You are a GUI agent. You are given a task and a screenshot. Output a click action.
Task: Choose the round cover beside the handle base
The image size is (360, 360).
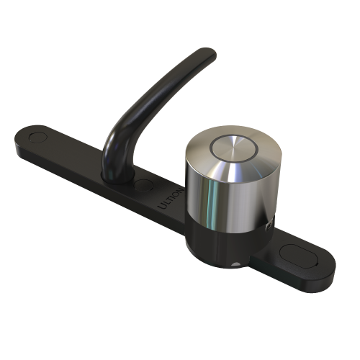(144, 186)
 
